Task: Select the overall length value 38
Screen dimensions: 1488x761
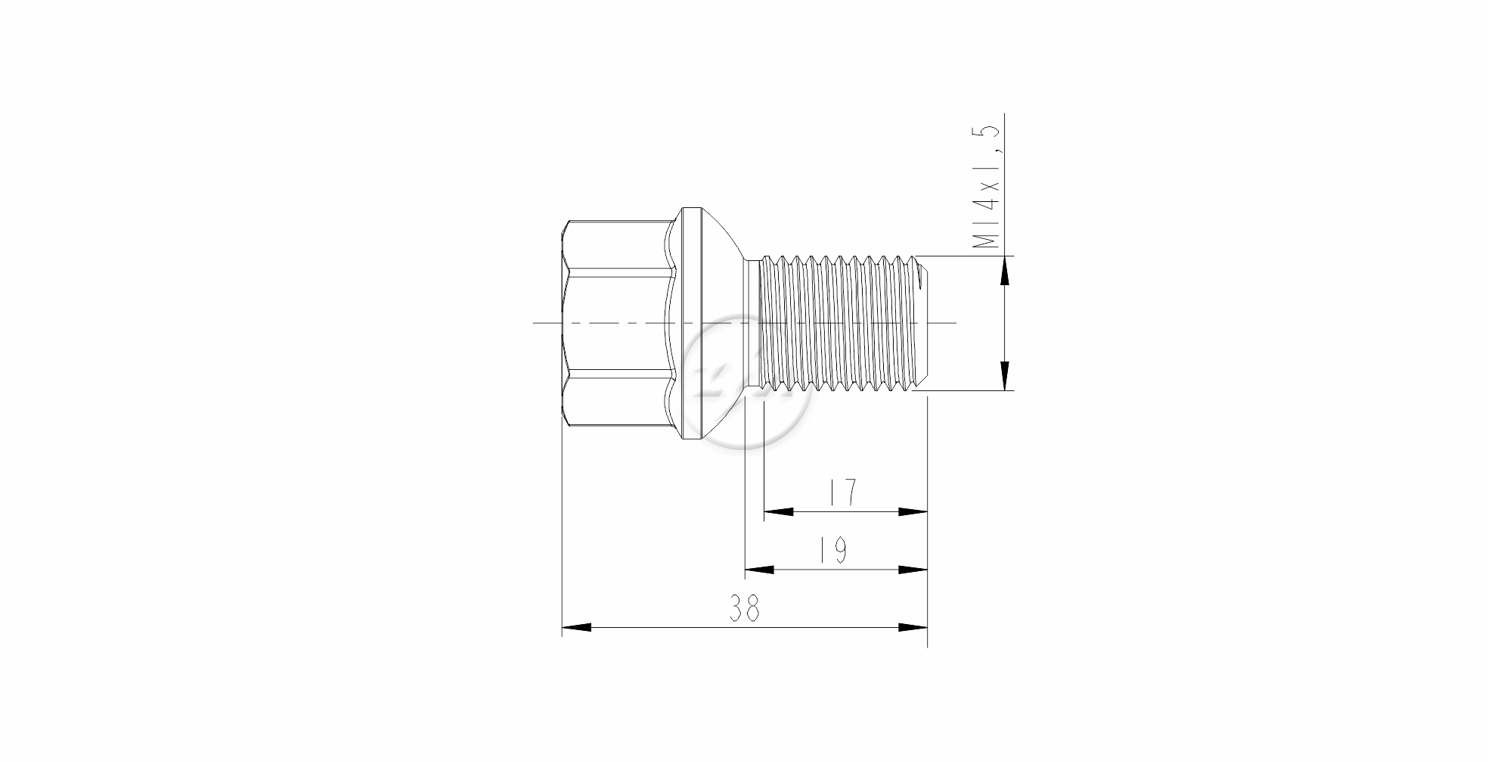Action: (x=745, y=608)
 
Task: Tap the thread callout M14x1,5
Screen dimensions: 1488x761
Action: (x=987, y=187)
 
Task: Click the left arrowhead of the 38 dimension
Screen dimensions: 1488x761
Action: (x=576, y=627)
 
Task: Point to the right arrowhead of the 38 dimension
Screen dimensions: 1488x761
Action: (x=913, y=627)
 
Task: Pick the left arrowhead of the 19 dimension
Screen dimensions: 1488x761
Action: (x=760, y=570)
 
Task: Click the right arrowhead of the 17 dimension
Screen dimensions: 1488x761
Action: (x=913, y=511)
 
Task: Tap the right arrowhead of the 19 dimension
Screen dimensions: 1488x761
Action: (x=913, y=570)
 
